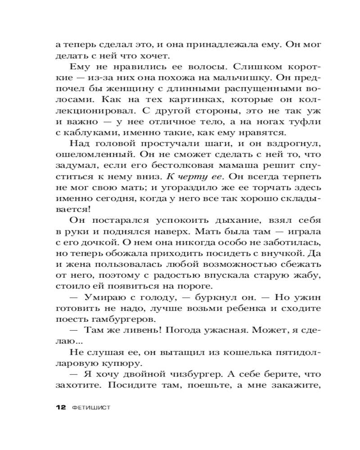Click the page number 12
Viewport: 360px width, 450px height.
tap(60, 407)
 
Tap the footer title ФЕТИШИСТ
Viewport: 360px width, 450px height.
tap(91, 407)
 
